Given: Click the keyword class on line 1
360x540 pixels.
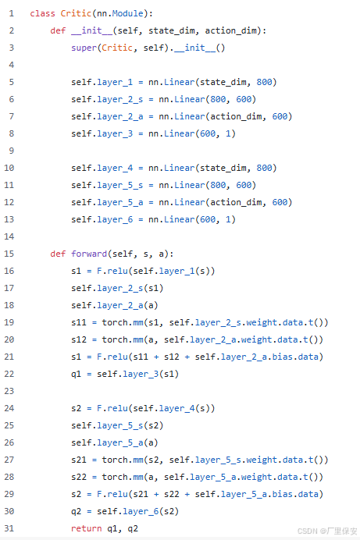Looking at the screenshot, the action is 42,13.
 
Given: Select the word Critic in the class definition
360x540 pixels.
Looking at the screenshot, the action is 76,13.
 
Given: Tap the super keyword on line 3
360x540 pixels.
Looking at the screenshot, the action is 84,48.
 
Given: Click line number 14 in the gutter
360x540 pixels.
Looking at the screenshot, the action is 9,236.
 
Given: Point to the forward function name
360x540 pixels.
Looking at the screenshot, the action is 89,254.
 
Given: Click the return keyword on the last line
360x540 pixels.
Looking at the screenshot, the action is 87,528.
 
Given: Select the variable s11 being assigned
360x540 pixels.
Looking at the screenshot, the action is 79,322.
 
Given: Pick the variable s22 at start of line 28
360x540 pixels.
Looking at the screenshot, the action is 79,477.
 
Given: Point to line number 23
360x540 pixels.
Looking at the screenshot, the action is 9,391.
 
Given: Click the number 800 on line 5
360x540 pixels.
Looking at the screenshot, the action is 264,82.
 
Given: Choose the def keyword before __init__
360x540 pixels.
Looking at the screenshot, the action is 58,30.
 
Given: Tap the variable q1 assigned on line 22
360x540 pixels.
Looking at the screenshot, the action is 76,375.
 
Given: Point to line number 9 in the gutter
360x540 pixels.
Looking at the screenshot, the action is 12,151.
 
